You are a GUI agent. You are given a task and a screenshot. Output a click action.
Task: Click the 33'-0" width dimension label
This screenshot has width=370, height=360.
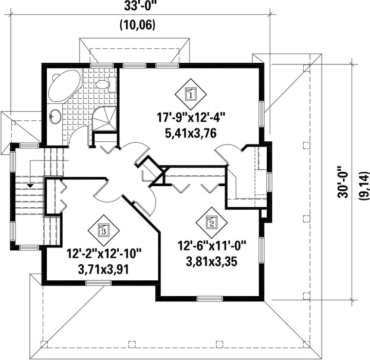click(140, 6)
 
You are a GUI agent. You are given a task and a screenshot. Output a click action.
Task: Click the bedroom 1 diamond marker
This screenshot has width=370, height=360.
click(191, 94)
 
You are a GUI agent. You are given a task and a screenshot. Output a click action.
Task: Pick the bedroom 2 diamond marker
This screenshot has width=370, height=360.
click(211, 223)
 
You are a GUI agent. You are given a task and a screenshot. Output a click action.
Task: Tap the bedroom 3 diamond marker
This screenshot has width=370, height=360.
click(103, 230)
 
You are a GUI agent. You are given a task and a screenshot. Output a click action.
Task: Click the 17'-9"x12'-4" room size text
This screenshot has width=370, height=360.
click(191, 117)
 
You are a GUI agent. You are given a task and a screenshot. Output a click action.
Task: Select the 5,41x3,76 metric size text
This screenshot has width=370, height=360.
click(191, 134)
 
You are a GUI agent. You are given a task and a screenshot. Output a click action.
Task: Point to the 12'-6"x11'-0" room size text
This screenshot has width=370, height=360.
click(212, 245)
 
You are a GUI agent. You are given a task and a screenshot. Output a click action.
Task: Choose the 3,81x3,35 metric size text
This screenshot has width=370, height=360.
click(212, 262)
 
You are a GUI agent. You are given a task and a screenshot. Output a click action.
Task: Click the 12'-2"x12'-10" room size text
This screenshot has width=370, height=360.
click(104, 254)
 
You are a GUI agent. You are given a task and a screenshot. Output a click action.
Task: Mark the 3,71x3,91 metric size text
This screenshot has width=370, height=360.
click(104, 270)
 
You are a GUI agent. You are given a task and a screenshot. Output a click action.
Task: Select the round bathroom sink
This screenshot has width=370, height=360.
click(55, 116)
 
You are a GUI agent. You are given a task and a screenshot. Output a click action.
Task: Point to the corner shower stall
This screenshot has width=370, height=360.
click(104, 119)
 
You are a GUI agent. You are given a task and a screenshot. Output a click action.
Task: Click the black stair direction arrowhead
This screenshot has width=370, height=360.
click(30, 186)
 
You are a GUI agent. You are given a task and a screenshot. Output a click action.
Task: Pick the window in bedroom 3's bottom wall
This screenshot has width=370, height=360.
click(98, 282)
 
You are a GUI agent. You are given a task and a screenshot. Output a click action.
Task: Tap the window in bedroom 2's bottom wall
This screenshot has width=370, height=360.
click(210, 299)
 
